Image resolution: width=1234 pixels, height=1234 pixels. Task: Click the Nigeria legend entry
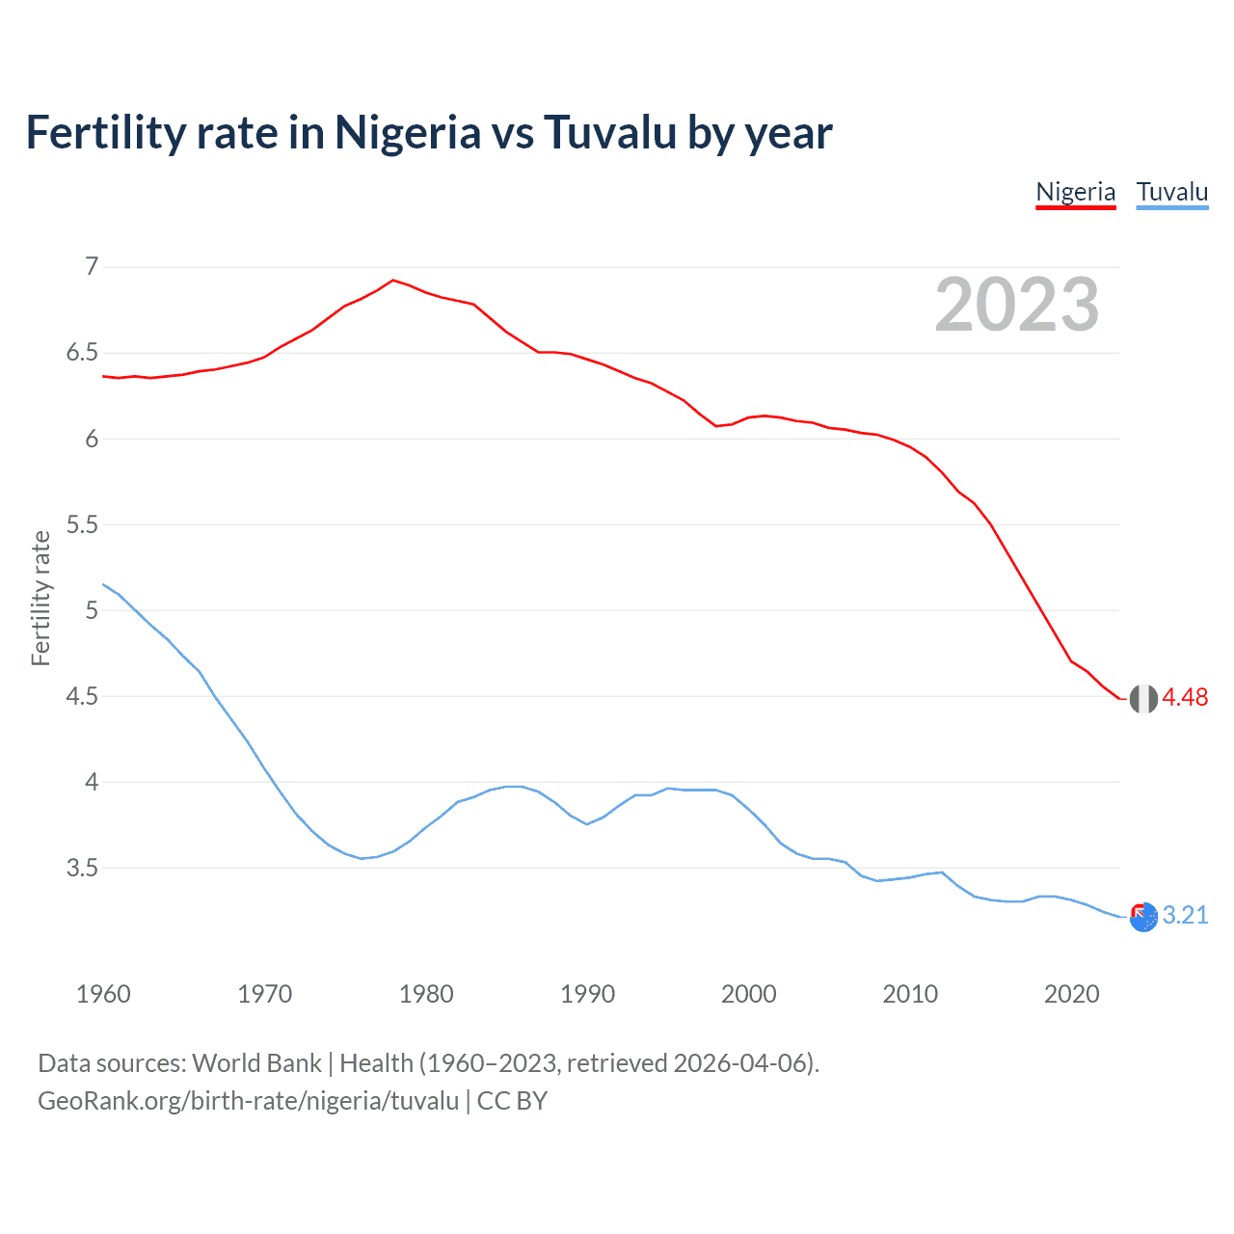(1075, 192)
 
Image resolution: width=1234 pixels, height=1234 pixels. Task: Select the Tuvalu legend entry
(1171, 192)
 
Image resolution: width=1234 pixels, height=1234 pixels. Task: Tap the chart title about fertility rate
(429, 132)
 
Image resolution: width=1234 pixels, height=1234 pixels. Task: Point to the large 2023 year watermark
(1016, 305)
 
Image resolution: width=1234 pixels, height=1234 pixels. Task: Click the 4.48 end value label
(1185, 697)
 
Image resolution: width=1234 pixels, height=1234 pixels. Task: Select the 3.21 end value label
(1185, 915)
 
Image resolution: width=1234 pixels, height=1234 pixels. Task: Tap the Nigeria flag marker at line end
(1143, 699)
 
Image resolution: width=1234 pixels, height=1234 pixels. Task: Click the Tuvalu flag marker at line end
(1143, 918)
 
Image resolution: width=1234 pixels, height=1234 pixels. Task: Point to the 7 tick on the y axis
(92, 266)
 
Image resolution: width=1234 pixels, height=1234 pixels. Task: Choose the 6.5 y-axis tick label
(82, 353)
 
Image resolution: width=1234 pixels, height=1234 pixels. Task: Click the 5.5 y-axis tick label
(82, 524)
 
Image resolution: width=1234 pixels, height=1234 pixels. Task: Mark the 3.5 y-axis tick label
(82, 868)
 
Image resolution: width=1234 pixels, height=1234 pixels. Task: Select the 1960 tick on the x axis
(103, 994)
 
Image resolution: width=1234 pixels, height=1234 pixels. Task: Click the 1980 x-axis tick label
(426, 994)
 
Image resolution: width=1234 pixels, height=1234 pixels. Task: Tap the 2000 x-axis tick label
(748, 994)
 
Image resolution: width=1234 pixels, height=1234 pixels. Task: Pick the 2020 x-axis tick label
(1071, 994)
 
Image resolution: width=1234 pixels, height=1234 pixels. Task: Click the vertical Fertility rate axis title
(40, 598)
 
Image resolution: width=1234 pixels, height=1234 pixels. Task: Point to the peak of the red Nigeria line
(392, 281)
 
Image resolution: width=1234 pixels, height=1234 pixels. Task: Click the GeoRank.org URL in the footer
(248, 1100)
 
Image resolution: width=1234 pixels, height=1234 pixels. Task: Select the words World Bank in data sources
(256, 1062)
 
